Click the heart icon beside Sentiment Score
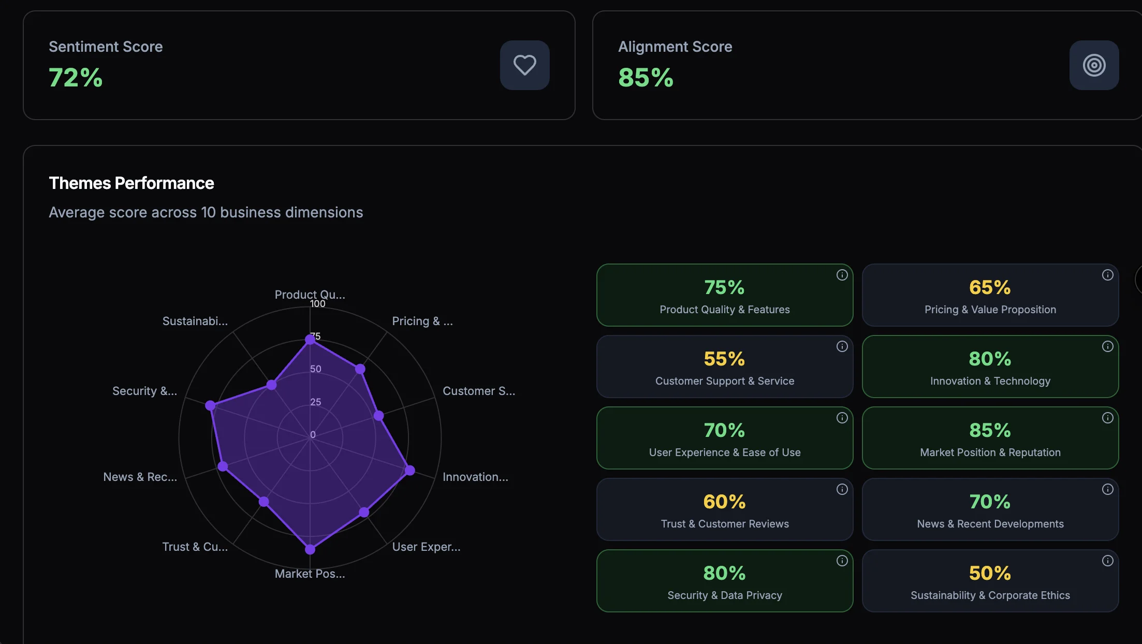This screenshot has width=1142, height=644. coord(524,65)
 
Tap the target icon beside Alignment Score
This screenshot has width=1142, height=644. coord(1094,65)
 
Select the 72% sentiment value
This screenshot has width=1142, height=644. coord(76,78)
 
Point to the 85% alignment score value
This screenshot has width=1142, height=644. coord(646,78)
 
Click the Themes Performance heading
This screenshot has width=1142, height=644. coord(131,183)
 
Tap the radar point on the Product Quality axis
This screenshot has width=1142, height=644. coord(310,340)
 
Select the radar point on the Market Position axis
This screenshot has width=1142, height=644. coord(310,549)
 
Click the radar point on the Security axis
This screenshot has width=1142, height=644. coord(210,405)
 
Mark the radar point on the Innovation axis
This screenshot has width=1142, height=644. coord(409,470)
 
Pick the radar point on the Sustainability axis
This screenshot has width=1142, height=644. coord(271,385)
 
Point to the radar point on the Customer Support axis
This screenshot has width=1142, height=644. coord(379,415)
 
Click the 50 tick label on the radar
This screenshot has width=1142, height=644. coord(316,369)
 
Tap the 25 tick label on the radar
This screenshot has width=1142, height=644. coord(316,402)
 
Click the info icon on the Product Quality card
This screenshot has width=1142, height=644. coord(842,275)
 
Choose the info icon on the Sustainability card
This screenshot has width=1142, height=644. coord(1107,561)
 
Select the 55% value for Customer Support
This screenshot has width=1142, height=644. coord(724,359)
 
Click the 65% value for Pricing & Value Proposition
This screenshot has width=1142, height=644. coord(990,287)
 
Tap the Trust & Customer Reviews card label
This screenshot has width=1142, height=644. coord(725,524)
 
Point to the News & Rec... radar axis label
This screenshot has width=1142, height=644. coord(140,477)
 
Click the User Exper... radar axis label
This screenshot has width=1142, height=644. coord(426,547)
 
